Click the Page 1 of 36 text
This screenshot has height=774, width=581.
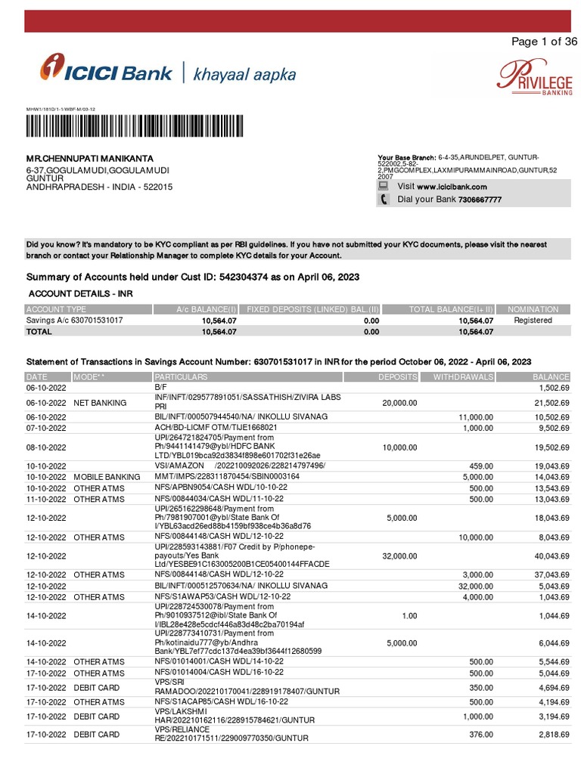click(x=544, y=42)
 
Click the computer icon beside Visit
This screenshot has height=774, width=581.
click(x=384, y=186)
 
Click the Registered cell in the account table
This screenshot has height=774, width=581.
click(x=533, y=320)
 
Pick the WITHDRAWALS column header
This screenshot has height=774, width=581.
click(x=463, y=376)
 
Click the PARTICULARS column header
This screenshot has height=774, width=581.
click(x=181, y=376)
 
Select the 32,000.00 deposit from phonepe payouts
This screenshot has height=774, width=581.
click(x=399, y=556)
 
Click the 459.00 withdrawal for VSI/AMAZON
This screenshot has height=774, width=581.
click(x=481, y=466)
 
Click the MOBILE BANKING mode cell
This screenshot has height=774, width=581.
click(x=107, y=477)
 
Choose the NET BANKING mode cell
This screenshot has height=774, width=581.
click(x=98, y=404)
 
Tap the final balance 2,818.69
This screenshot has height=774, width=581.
click(x=551, y=734)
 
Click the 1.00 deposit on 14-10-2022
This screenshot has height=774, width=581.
click(x=409, y=616)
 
